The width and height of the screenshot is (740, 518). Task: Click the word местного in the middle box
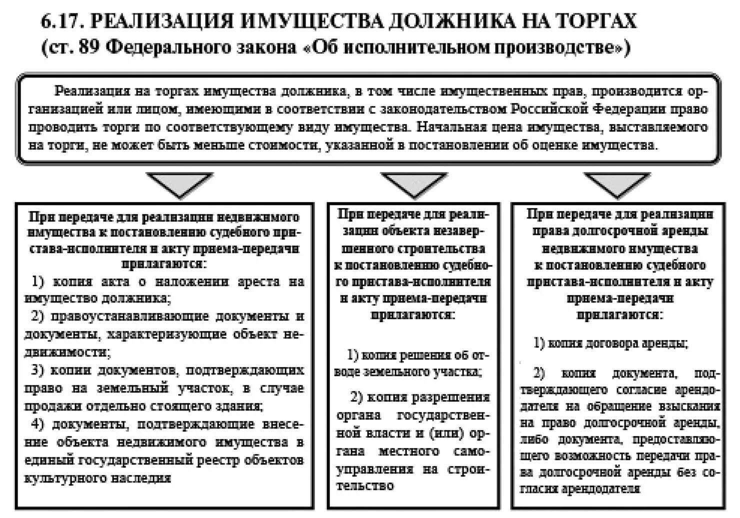(x=409, y=451)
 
